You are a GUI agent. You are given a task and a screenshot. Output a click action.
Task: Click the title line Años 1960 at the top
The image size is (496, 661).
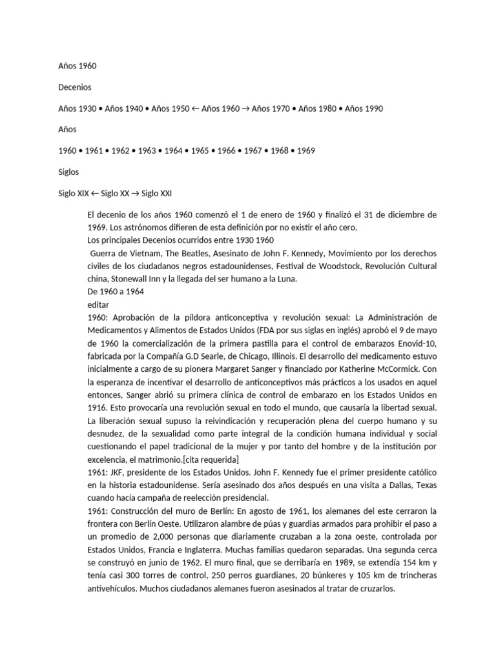[x=77, y=66]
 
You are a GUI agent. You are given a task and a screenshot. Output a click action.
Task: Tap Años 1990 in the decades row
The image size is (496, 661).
[x=364, y=108]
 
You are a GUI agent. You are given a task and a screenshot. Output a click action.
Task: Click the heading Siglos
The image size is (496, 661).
[x=68, y=172]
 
